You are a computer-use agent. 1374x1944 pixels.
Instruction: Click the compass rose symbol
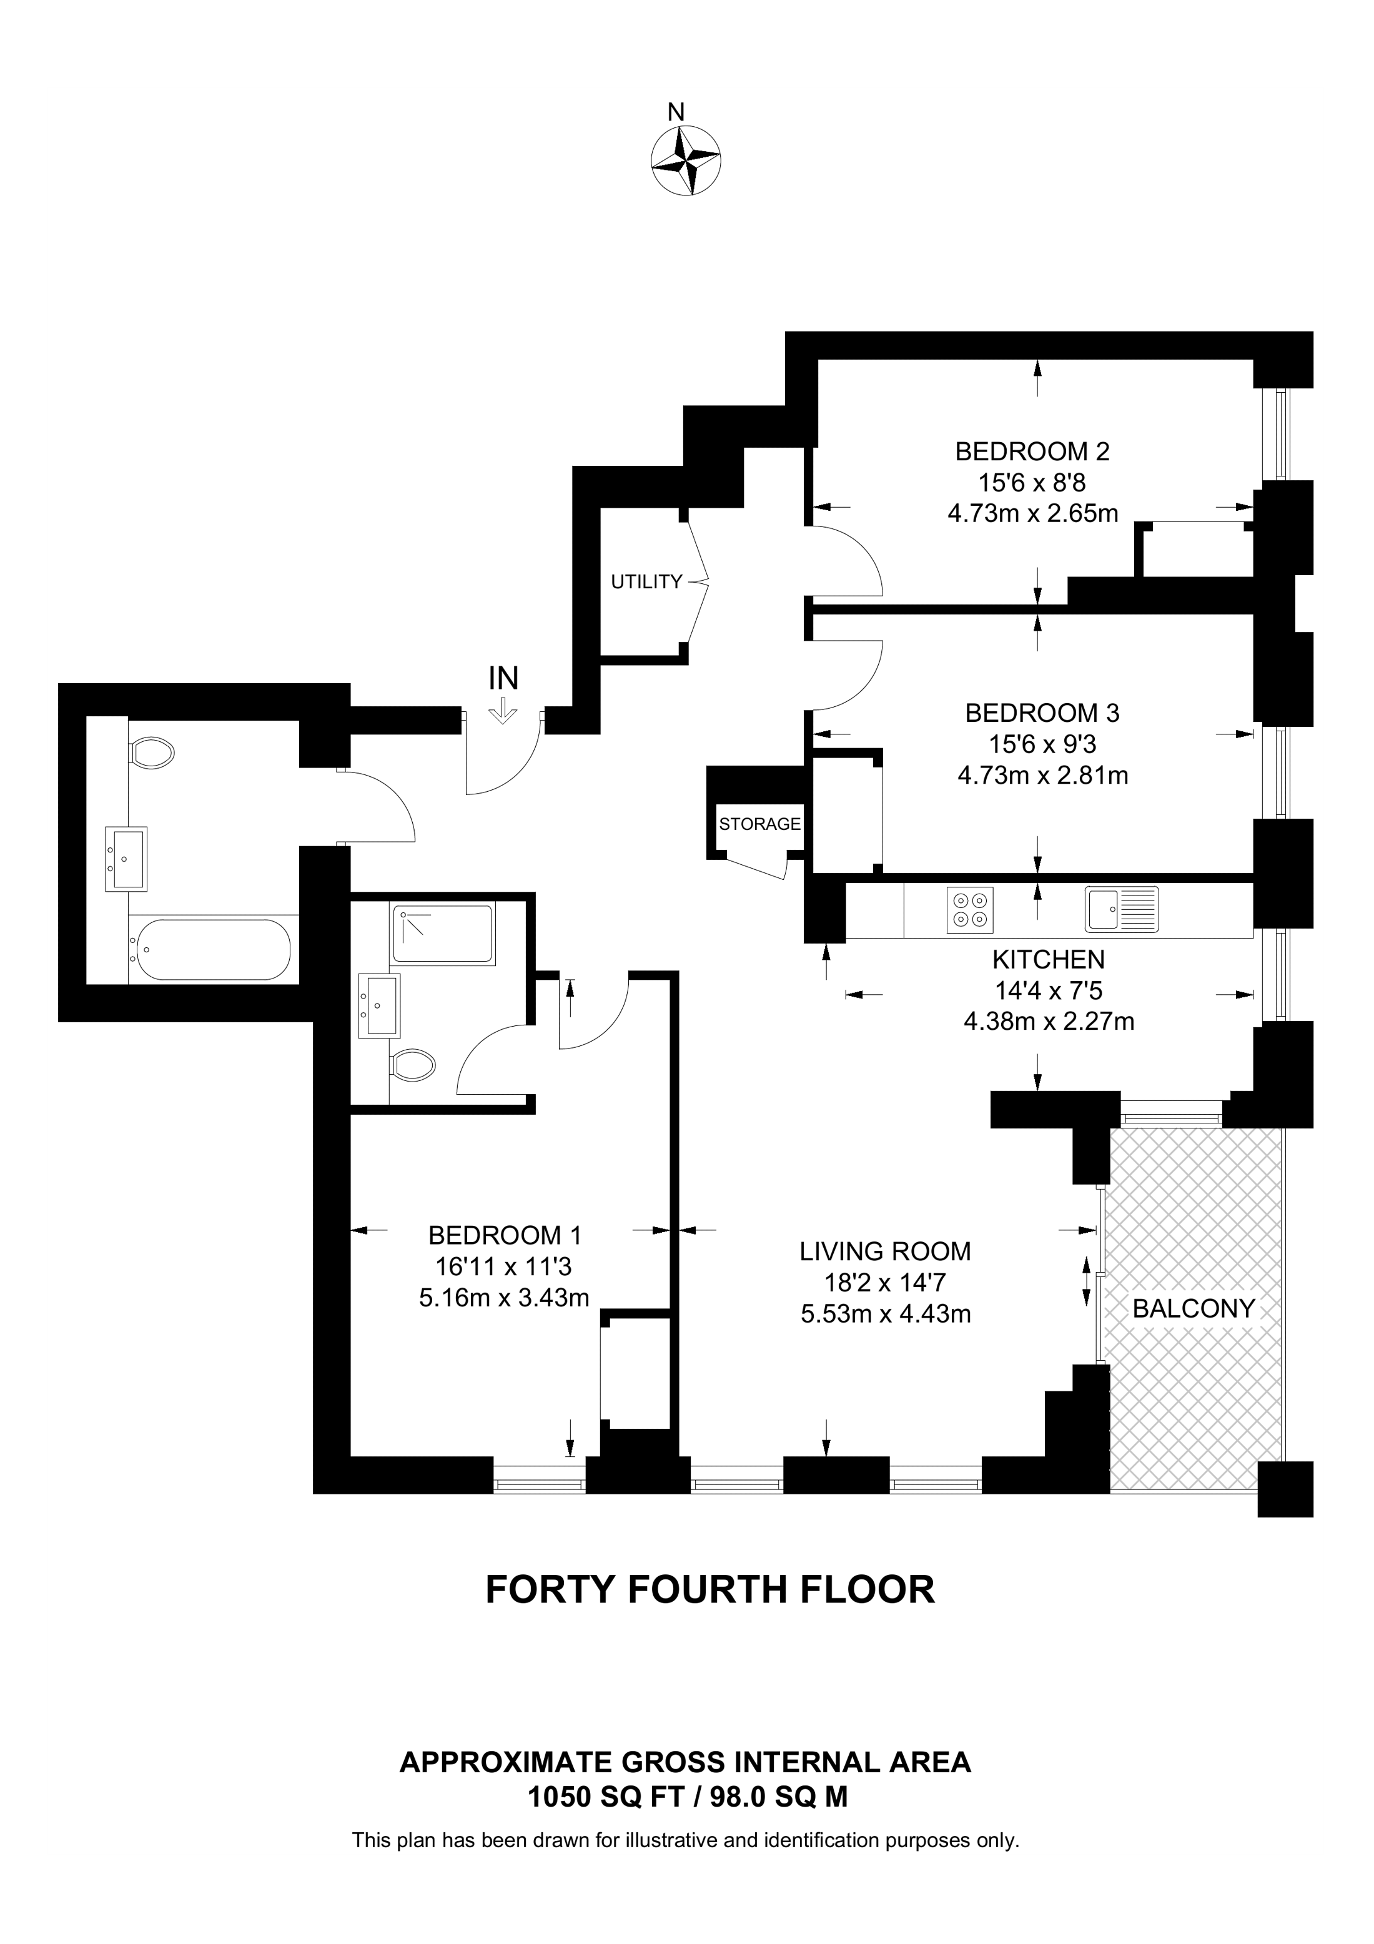click(685, 160)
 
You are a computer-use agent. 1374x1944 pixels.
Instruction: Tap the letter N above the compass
click(676, 112)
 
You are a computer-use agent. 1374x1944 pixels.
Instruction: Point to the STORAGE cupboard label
click(759, 824)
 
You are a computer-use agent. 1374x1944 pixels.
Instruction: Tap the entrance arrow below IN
click(504, 711)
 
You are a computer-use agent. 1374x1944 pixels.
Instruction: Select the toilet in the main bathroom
click(152, 752)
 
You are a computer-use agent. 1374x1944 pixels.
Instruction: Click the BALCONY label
click(1193, 1308)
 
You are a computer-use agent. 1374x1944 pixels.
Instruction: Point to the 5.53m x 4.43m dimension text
click(885, 1314)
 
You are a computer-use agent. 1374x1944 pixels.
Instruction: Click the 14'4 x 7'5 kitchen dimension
click(1048, 990)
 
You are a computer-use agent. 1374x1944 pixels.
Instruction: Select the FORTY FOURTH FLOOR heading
click(709, 1589)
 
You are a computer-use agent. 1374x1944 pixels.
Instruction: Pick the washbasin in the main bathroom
click(126, 859)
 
